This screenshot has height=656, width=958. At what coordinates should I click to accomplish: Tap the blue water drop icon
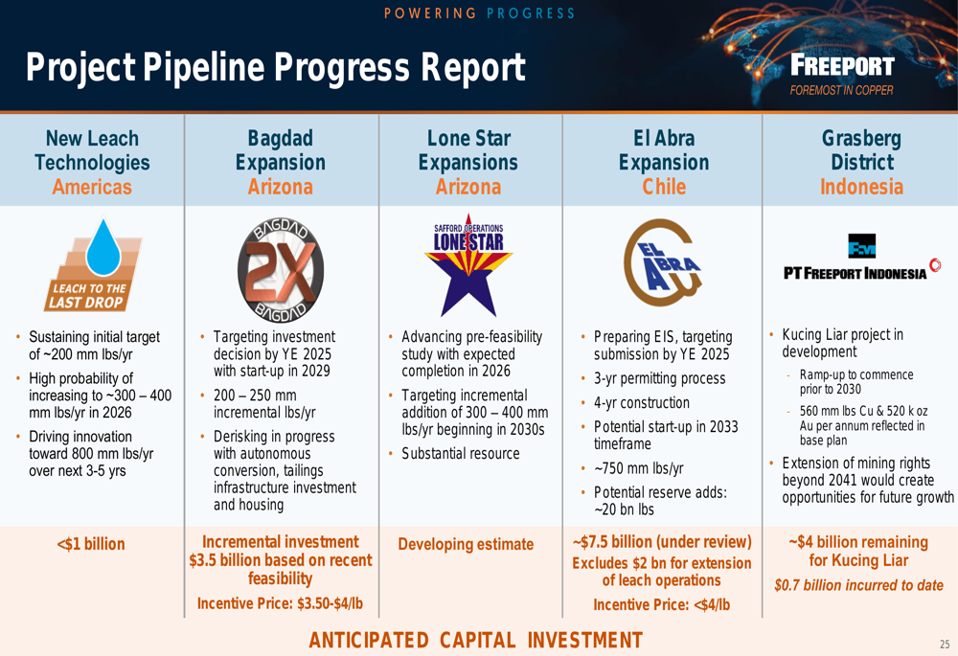103,247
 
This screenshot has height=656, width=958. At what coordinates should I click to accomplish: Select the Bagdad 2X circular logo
281,270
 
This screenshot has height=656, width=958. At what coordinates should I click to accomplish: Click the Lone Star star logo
468,264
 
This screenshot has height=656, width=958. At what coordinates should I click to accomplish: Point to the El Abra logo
662,262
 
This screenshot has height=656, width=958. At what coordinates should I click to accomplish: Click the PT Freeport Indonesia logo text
855,273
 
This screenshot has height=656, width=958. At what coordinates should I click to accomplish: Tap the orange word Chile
664,187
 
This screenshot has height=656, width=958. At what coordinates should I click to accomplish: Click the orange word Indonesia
861,187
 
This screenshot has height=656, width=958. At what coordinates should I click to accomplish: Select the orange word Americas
92,187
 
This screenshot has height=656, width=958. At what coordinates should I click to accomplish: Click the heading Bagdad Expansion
281,150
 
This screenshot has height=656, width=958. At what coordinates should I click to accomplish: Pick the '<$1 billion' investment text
91,544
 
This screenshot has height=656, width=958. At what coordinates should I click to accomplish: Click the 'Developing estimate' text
466,544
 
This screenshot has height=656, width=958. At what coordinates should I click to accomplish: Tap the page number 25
945,644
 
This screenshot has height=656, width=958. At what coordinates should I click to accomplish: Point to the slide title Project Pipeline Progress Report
276,67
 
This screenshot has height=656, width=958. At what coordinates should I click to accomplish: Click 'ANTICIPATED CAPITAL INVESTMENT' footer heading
476,640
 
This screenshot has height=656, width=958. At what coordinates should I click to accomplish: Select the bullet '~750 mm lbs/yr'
638,468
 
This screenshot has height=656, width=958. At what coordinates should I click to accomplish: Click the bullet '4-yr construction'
642,402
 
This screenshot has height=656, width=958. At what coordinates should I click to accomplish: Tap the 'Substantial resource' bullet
461,453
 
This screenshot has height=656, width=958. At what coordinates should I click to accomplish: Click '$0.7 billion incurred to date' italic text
858,585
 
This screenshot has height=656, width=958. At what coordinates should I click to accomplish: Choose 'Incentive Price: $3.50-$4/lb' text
280,603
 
